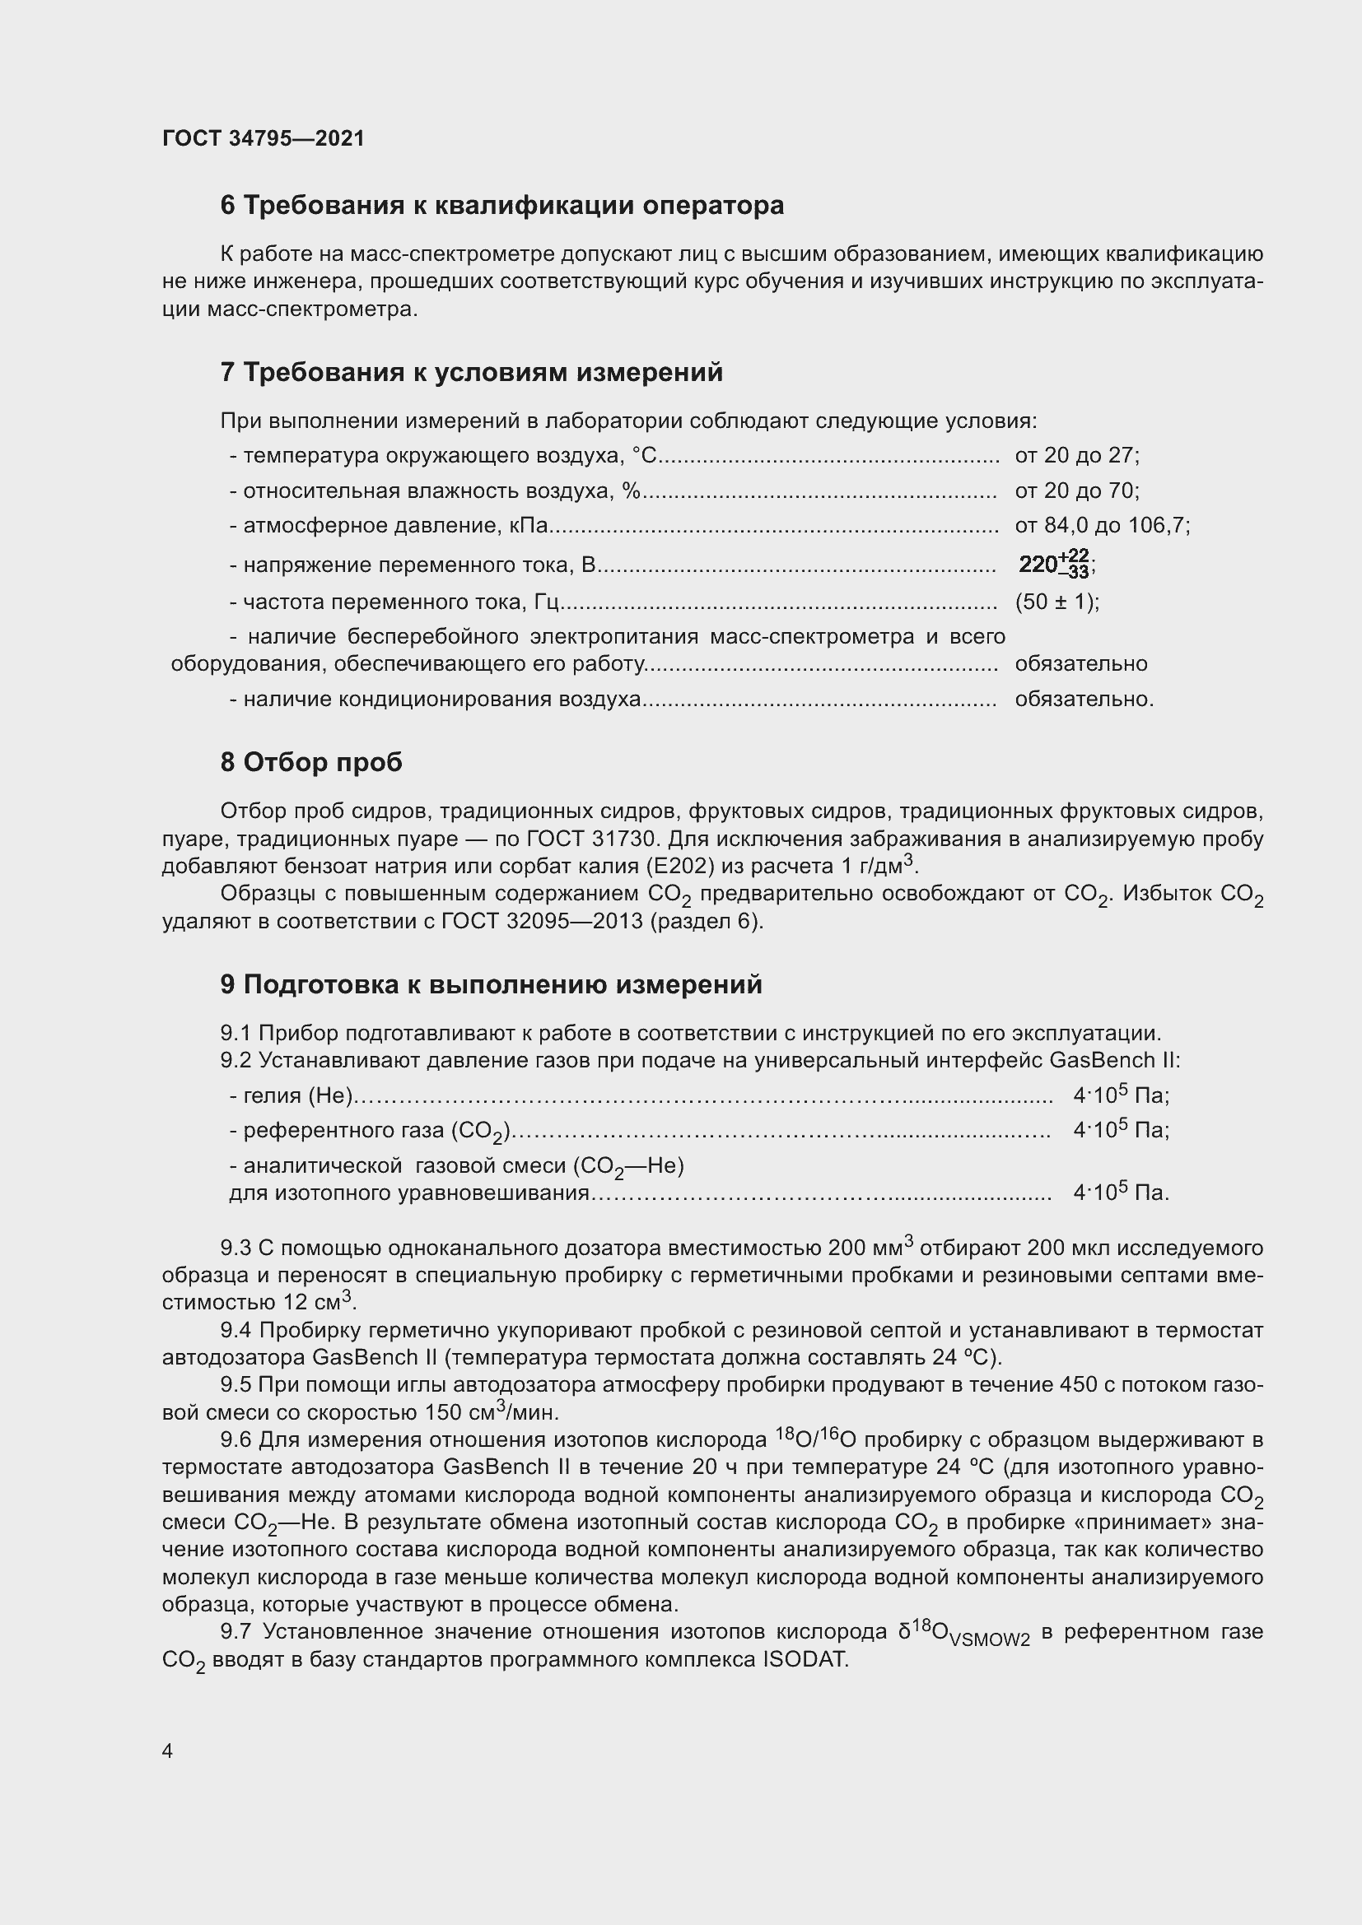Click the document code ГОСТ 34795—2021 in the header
coord(264,138)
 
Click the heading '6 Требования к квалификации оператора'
coord(501,206)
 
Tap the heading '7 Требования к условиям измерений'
coord(471,372)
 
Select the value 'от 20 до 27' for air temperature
coord(1076,456)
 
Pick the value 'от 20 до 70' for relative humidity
coord(1076,491)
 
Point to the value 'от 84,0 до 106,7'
coord(1101,527)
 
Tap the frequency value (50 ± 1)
coord(1056,602)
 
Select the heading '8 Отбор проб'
coord(311,762)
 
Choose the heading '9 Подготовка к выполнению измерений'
coord(492,984)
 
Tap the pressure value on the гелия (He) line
coord(1121,1095)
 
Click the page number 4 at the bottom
coord(168,1751)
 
